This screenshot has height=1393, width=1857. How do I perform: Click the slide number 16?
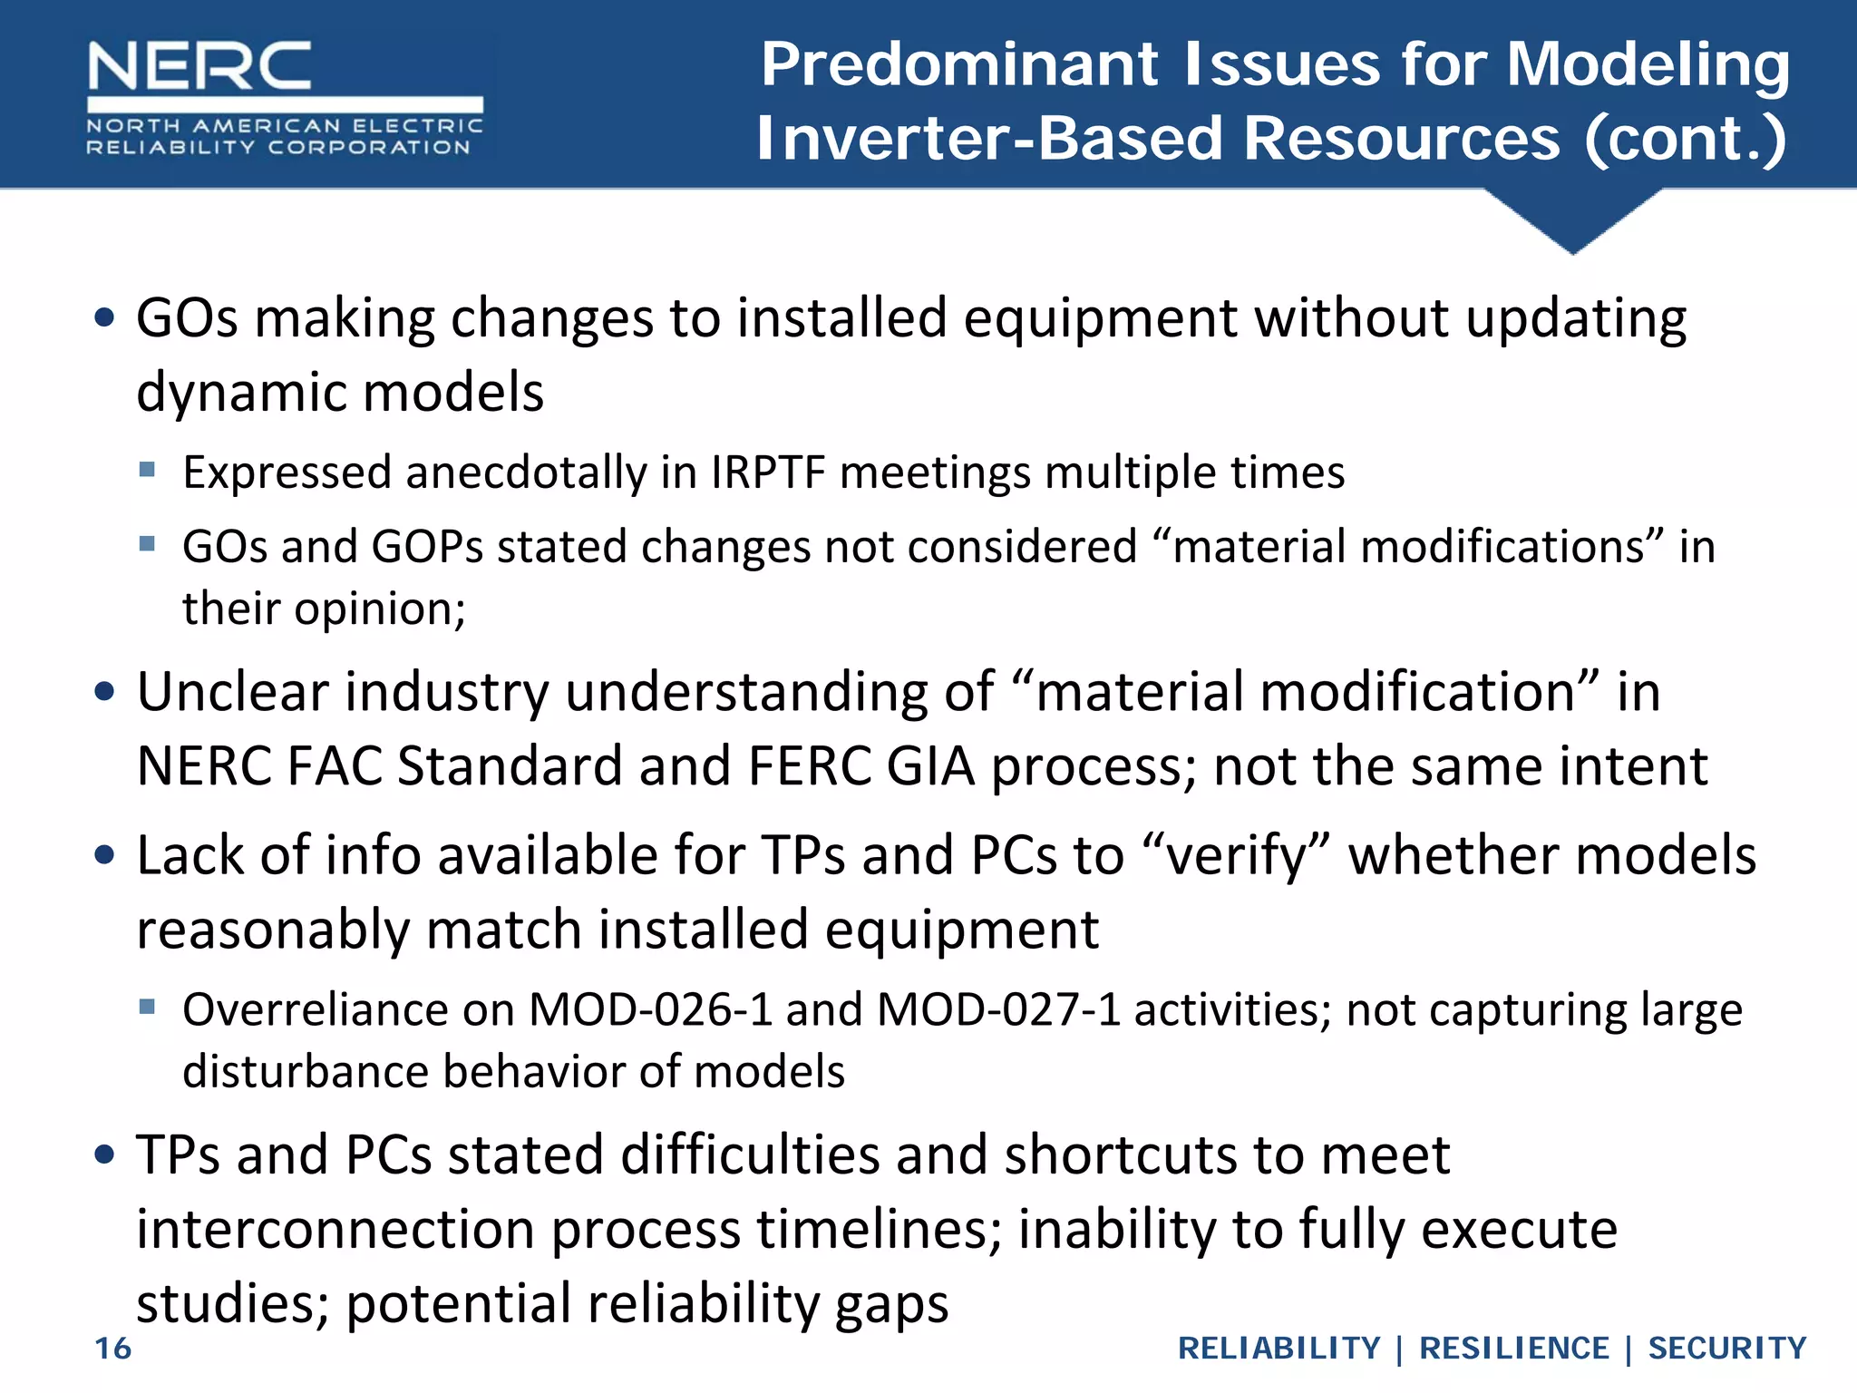113,1349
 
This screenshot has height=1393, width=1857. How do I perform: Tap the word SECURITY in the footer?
1726,1349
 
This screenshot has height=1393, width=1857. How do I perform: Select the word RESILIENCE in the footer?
1513,1349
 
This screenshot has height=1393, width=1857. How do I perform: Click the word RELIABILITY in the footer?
1279,1349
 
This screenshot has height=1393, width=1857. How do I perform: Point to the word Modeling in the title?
1648,65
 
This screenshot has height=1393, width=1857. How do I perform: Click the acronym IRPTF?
769,472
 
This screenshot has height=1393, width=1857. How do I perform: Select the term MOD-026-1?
650,1009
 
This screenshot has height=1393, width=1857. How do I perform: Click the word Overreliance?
316,1009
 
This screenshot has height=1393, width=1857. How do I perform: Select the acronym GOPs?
427,547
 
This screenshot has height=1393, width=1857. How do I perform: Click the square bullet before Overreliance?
148,1006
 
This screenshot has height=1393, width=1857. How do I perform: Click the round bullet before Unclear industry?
105,692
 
